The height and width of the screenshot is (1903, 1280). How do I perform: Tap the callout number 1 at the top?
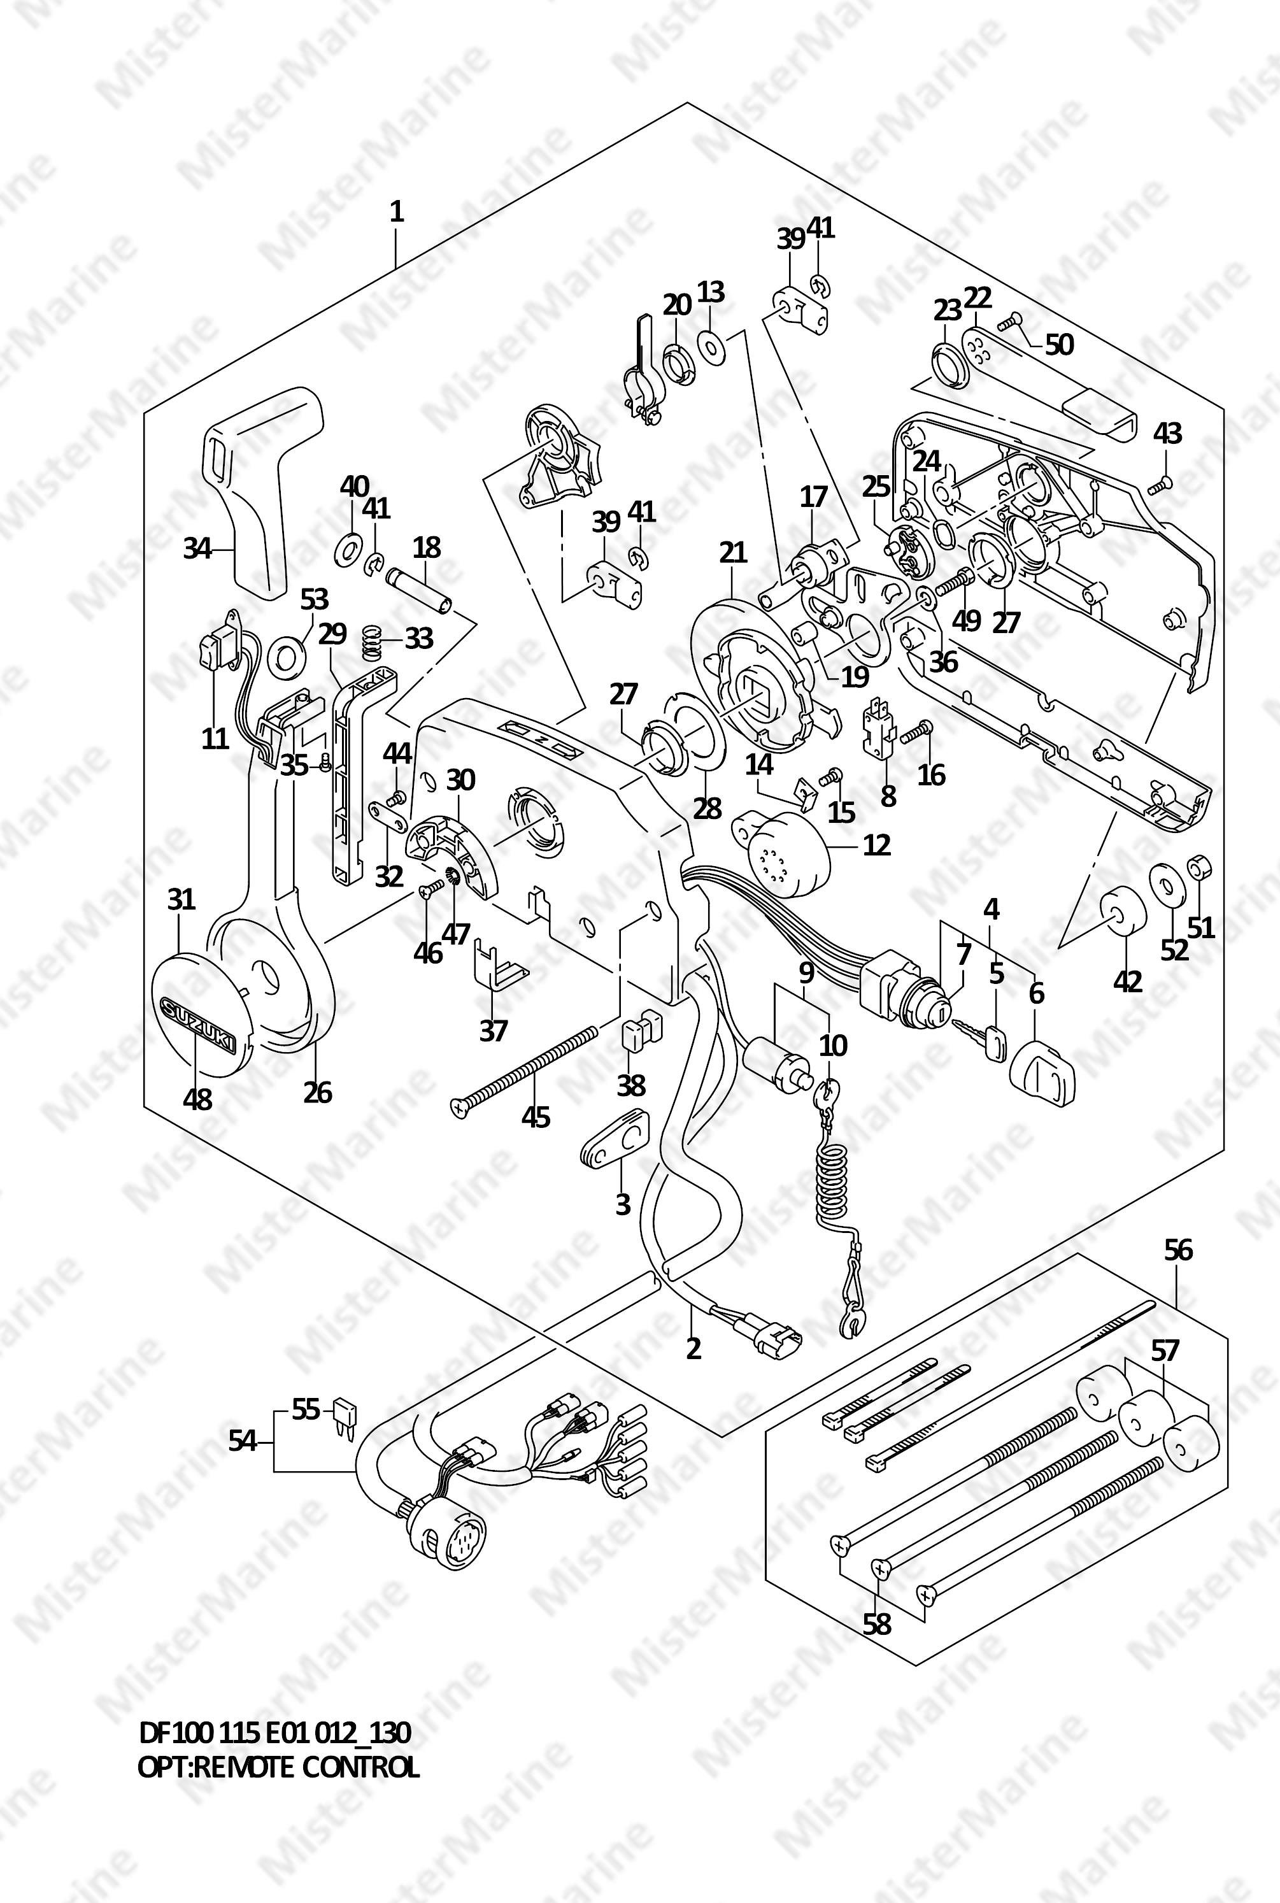click(x=397, y=212)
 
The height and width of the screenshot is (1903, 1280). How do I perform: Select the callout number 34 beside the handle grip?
click(x=197, y=548)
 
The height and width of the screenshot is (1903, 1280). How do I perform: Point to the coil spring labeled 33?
click(x=373, y=638)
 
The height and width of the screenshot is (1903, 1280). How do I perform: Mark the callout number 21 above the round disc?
click(x=733, y=553)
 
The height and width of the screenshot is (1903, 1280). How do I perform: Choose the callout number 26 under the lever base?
click(x=318, y=1092)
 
